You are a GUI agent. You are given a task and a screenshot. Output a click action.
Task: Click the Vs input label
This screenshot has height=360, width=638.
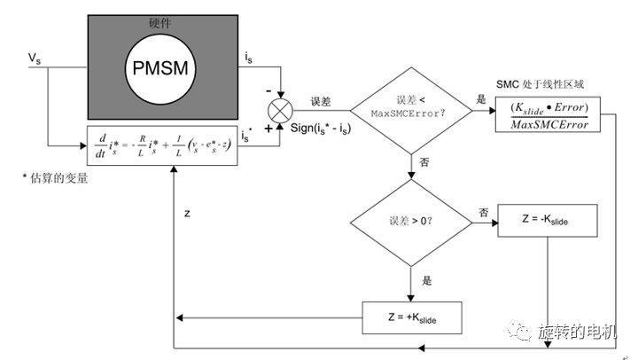[34, 58]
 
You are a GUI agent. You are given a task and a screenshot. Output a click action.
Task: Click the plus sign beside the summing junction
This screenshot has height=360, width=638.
[268, 129]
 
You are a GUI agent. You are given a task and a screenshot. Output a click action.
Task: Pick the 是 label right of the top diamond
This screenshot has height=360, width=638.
[482, 100]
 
